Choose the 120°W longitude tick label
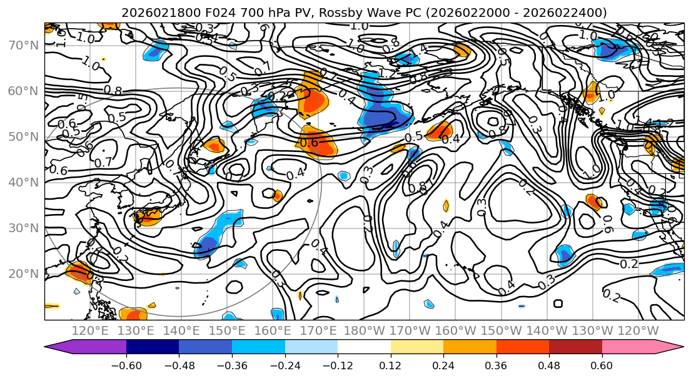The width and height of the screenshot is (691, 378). (638, 330)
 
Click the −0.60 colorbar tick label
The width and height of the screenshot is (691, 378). (126, 365)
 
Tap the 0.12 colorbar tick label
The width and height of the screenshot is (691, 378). (390, 365)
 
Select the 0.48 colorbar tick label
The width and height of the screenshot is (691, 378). (549, 365)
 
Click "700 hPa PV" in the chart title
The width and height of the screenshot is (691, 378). (244, 13)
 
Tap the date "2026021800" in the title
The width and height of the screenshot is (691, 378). (148, 13)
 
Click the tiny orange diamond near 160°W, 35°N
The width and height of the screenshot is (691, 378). (446, 205)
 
